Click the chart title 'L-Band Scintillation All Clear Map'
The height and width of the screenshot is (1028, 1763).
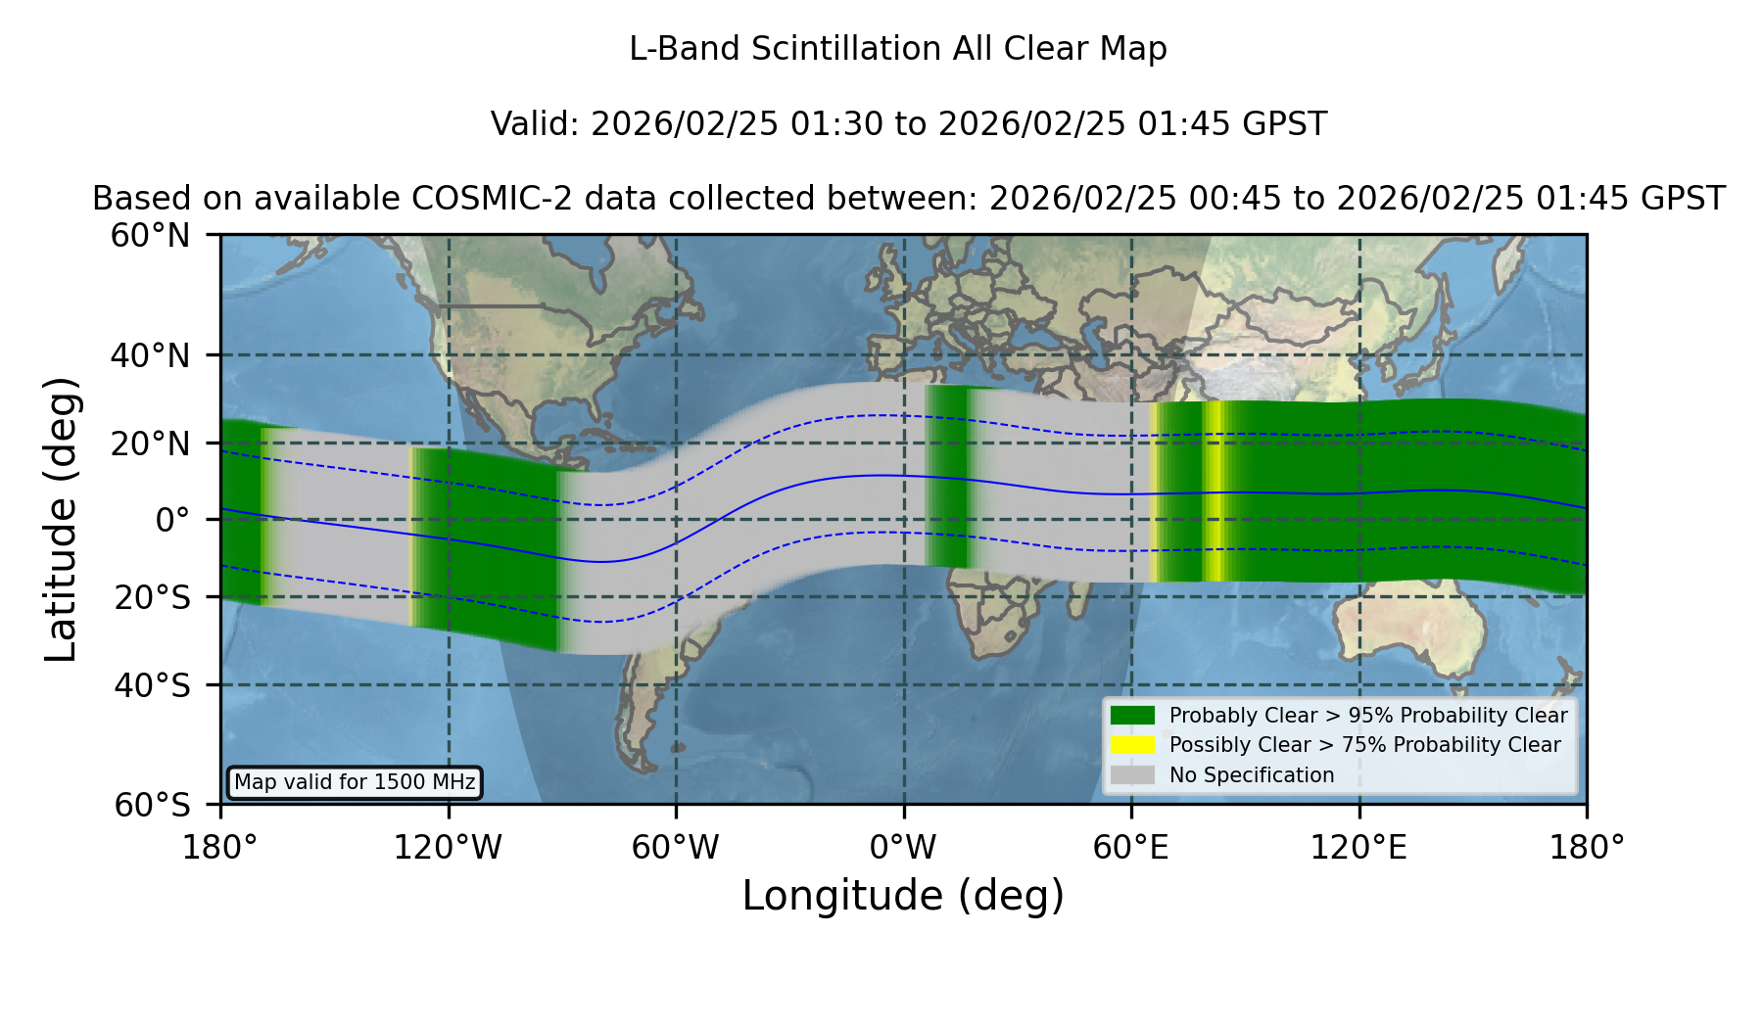[897, 49]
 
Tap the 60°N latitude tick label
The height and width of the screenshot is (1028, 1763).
[150, 236]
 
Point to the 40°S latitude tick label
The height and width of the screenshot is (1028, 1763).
[152, 685]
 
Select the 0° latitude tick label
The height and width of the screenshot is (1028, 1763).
[172, 520]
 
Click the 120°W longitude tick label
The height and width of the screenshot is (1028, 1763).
[448, 847]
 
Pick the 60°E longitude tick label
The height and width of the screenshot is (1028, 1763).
[1131, 847]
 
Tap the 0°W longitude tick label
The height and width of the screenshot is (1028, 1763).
[903, 847]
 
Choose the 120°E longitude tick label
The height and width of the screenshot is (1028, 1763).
[1358, 847]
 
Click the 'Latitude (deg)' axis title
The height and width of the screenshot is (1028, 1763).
[61, 519]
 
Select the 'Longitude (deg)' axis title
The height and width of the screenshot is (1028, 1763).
[903, 896]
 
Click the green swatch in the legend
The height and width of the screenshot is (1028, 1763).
[1133, 716]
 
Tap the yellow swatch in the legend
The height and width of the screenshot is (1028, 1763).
[1133, 745]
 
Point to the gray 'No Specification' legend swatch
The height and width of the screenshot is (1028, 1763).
[1133, 775]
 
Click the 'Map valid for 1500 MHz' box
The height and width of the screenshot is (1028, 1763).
[355, 782]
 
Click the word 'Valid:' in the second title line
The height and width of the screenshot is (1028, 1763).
[536, 124]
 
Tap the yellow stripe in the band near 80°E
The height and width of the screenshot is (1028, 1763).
[1215, 491]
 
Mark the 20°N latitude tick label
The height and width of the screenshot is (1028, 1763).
[150, 444]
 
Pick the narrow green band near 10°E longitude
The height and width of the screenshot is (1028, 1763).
[947, 476]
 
